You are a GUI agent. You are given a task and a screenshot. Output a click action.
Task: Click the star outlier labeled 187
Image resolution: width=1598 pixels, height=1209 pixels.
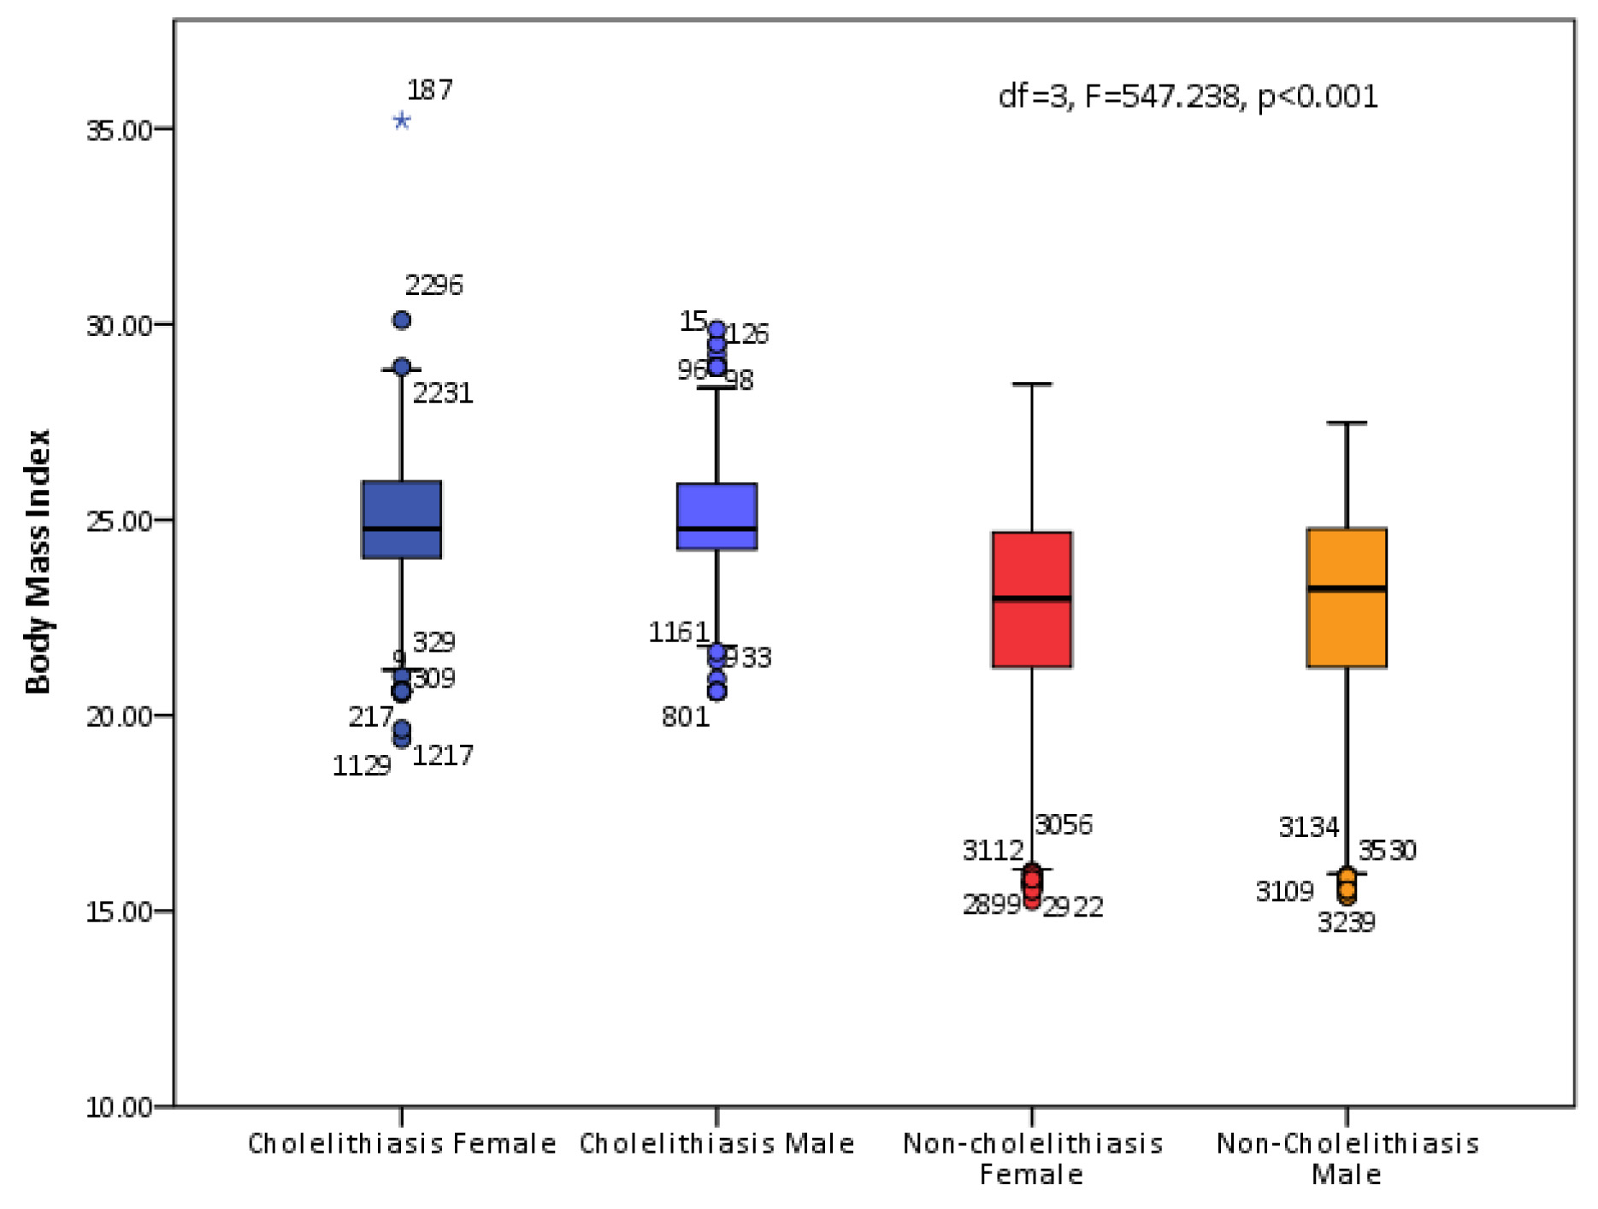point(402,121)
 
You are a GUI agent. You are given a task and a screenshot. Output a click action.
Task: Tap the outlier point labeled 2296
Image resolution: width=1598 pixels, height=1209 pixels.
point(402,321)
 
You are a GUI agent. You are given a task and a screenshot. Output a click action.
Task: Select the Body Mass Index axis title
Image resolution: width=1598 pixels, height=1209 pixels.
point(38,562)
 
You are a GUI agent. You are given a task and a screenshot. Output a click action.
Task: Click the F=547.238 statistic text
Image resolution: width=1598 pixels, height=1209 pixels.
point(1161,97)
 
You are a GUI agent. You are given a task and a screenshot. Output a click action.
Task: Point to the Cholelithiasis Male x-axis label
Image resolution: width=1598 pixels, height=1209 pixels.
point(716,1144)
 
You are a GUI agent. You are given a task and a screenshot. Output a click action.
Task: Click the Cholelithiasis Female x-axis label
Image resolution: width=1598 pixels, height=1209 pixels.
point(402,1144)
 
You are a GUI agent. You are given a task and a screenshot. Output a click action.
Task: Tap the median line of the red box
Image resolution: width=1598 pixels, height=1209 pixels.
point(1032,599)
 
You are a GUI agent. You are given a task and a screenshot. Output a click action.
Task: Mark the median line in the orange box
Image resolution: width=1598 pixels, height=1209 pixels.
point(1347,588)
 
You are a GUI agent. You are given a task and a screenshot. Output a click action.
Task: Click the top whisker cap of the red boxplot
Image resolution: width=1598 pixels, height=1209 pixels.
point(1032,385)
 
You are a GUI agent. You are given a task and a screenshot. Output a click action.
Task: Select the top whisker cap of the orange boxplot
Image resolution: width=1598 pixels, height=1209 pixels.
point(1347,423)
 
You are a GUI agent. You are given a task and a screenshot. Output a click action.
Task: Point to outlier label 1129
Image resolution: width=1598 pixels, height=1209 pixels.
point(361,766)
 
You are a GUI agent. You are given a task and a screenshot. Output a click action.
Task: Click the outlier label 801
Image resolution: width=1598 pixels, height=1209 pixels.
point(686,717)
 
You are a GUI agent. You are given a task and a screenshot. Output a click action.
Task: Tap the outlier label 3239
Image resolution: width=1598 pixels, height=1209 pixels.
point(1346,923)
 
